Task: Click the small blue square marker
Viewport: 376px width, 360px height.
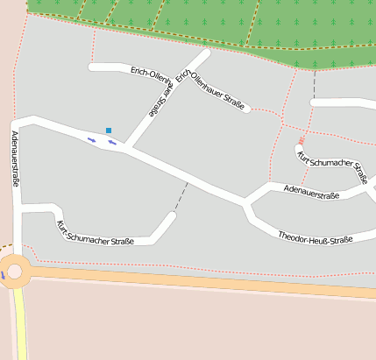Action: pos(109,131)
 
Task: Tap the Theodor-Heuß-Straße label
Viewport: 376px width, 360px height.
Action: pos(315,238)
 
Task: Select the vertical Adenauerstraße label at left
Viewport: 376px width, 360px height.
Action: pos(16,159)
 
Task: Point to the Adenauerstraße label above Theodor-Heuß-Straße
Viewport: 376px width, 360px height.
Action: pos(305,193)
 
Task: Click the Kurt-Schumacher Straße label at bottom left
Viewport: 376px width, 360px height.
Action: pos(96,234)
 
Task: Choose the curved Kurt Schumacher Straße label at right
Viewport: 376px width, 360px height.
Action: pos(332,167)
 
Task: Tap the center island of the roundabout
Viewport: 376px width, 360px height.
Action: pos(14,272)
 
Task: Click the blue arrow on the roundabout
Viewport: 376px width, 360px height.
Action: pos(3,274)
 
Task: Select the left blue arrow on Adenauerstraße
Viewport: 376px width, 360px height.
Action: pos(91,138)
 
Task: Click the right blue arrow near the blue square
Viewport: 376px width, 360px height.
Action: pos(112,143)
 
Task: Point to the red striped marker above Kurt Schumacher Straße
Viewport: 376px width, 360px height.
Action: pos(302,139)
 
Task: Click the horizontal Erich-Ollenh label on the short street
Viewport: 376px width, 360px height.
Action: pos(148,73)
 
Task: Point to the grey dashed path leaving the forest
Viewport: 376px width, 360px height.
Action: pos(314,83)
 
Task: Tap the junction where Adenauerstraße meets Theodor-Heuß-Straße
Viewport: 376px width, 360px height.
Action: pos(247,205)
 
